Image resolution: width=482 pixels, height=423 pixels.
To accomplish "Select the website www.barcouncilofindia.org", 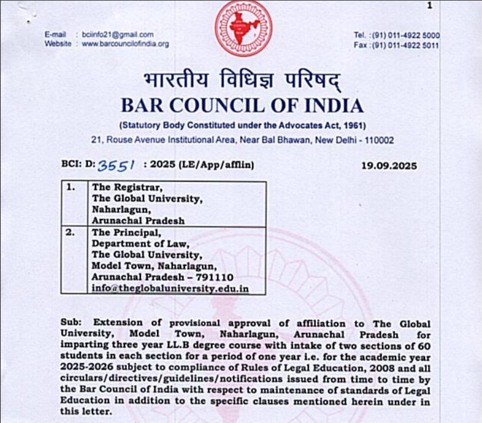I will pyautogui.click(x=125, y=44).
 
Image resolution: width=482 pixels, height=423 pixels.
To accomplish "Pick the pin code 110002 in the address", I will pyautogui.click(x=376, y=140).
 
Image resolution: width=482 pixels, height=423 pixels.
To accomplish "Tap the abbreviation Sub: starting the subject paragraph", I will pyautogui.click(x=71, y=322).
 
